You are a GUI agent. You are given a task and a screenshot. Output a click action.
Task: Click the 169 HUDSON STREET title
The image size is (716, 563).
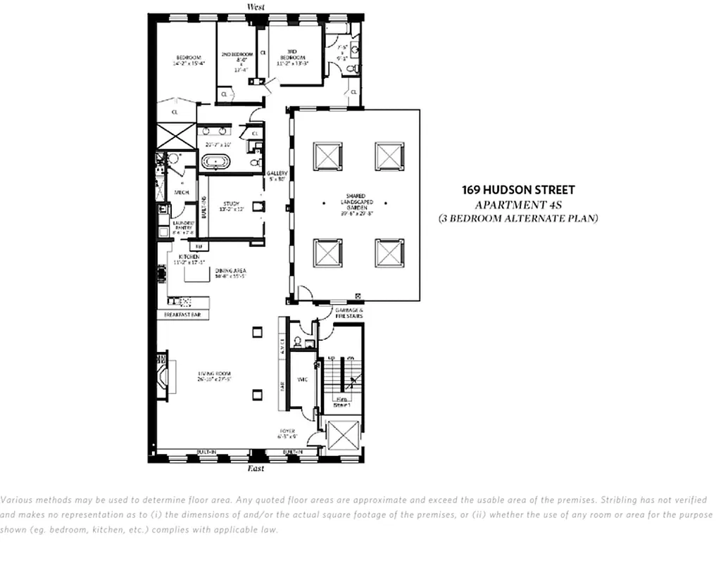(x=517, y=190)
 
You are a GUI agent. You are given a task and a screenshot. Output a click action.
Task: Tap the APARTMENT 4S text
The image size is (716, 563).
(x=517, y=205)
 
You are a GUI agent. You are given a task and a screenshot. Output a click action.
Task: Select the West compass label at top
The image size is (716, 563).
(x=256, y=7)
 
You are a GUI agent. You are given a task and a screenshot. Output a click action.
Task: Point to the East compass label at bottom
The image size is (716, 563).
(x=256, y=468)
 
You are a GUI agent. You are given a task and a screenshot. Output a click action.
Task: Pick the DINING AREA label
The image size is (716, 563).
(x=230, y=270)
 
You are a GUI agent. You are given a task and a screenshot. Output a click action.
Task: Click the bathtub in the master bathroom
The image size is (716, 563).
(x=216, y=163)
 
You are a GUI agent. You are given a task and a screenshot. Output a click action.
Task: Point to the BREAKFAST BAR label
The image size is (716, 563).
(x=182, y=315)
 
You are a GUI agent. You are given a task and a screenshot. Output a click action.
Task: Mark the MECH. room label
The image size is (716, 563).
(x=180, y=191)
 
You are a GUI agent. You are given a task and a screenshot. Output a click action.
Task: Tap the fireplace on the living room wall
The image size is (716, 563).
(x=164, y=381)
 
